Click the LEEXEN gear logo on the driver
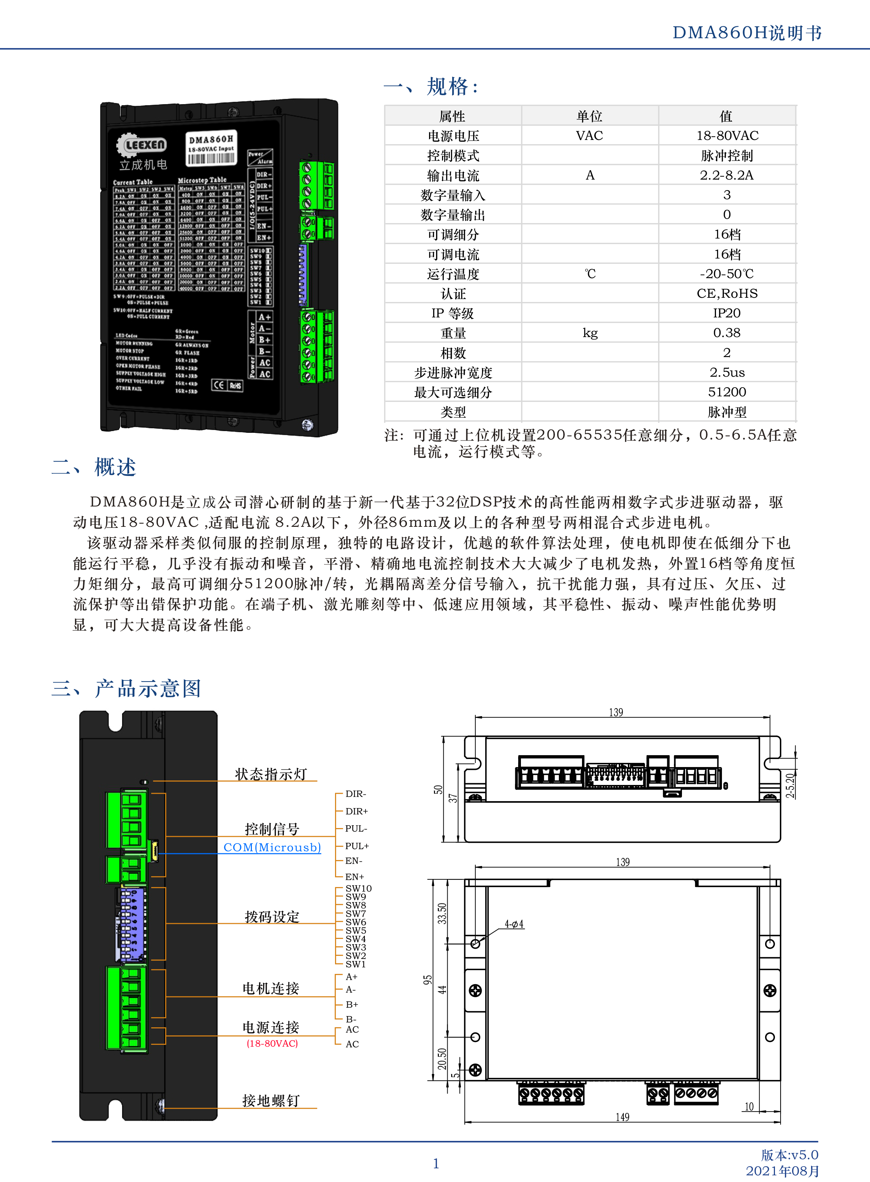click(x=141, y=145)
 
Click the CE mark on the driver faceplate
click(x=219, y=385)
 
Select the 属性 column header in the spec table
click(x=453, y=116)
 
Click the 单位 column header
click(x=589, y=116)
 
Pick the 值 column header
click(x=726, y=116)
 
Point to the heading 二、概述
click(x=94, y=467)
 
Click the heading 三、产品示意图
click(x=126, y=688)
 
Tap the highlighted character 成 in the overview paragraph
click(x=209, y=502)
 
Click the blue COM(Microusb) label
click(x=272, y=847)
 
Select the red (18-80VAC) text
click(x=272, y=1043)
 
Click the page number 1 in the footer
click(x=436, y=1163)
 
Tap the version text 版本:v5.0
click(x=789, y=1155)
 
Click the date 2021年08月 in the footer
click(x=783, y=1170)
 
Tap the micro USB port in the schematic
click(x=154, y=850)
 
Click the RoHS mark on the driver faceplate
click(x=235, y=385)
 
